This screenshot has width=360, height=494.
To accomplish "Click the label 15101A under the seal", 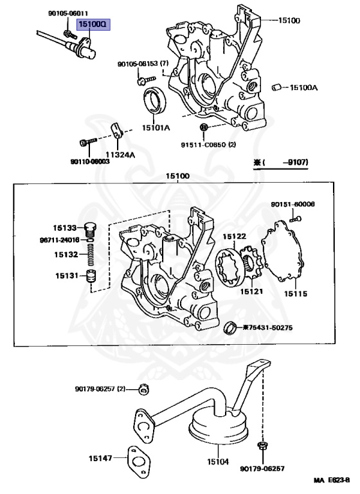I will click(156, 128).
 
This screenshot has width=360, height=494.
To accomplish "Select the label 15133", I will click(65, 228).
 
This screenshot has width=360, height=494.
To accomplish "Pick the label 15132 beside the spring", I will click(65, 255).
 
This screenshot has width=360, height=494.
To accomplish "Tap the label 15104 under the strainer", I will click(217, 461).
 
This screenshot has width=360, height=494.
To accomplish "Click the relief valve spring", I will click(91, 256).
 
